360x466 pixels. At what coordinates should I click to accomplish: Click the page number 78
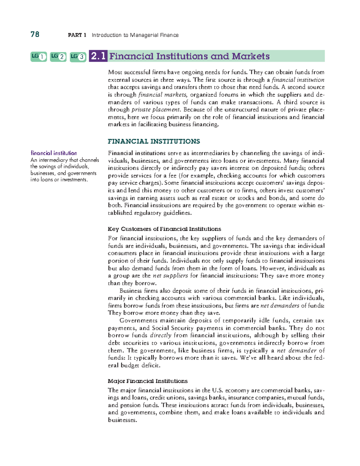coord(35,35)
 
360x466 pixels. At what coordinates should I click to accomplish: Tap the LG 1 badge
coord(39,56)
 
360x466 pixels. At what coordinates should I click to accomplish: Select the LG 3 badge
coord(78,56)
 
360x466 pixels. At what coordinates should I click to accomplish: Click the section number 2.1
coord(98,56)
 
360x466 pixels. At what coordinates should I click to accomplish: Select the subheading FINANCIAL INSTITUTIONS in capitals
coord(154,141)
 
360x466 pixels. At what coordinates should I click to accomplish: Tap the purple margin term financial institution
coord(54,153)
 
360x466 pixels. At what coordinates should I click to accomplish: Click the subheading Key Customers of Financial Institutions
coord(164,229)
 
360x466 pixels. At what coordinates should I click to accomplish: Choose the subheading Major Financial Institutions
coord(148,381)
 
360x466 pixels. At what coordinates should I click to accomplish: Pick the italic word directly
coord(160,335)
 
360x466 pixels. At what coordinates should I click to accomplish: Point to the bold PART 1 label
coord(77,35)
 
